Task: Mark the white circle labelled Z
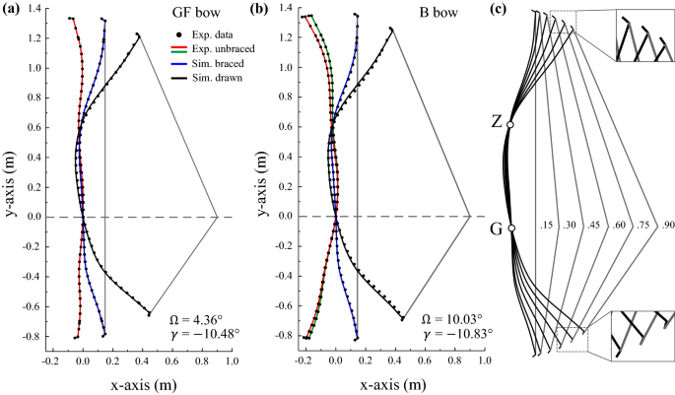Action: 510,124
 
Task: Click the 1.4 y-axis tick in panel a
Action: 36,9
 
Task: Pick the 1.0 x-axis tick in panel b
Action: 483,362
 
